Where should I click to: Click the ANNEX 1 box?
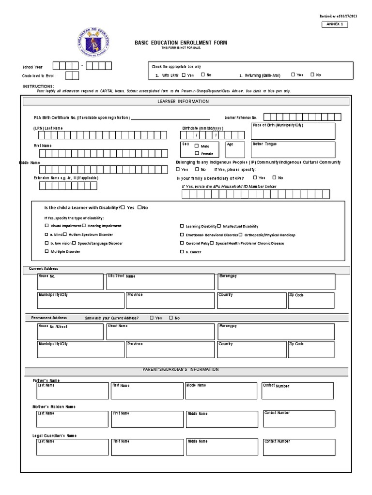(334, 24)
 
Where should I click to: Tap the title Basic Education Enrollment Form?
(181, 43)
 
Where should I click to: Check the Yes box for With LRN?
(184, 75)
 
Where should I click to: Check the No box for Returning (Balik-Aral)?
(312, 75)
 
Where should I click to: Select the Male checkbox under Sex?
(197, 146)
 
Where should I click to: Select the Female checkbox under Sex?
(197, 153)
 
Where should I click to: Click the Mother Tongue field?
(293, 149)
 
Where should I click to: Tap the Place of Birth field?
(293, 131)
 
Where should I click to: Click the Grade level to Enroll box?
(72, 75)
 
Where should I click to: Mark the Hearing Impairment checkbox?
(84, 226)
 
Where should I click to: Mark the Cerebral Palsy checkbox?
(182, 243)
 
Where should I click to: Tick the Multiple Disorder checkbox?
(46, 252)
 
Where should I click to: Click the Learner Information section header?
(183, 102)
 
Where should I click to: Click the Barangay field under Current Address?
(276, 281)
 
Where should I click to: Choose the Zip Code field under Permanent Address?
(311, 350)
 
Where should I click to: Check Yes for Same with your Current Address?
(152, 318)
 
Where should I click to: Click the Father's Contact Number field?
(297, 391)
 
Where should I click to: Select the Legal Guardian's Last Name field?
(72, 447)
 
